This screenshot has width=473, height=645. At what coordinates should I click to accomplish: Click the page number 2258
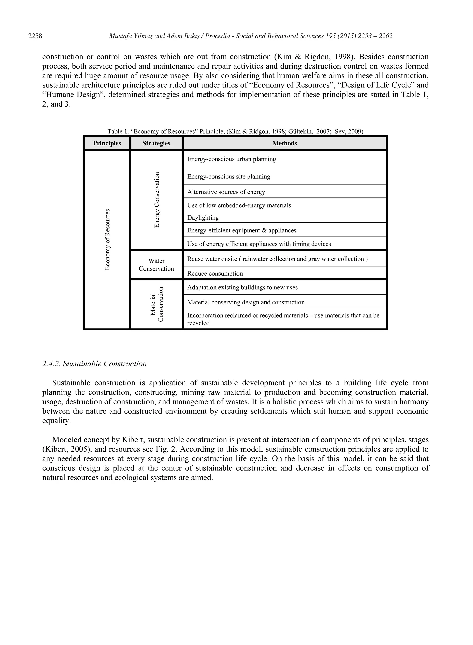[x=35, y=36]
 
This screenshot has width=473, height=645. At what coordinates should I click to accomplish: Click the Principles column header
[x=107, y=143]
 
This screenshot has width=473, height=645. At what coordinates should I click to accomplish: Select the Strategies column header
[x=156, y=143]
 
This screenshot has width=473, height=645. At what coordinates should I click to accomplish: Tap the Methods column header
[x=284, y=143]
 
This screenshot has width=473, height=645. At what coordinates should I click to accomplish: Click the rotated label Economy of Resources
[x=107, y=240]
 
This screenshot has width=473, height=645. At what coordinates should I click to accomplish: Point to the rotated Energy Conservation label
[x=157, y=200]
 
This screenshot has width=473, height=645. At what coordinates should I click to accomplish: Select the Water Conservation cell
[x=156, y=265]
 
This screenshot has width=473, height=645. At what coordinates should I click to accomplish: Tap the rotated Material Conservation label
[x=157, y=304]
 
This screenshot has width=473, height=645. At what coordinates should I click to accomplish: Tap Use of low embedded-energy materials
[x=239, y=205]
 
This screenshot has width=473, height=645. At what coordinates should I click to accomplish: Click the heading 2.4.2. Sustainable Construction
[x=94, y=364]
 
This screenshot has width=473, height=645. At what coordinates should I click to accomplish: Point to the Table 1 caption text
[x=235, y=131]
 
